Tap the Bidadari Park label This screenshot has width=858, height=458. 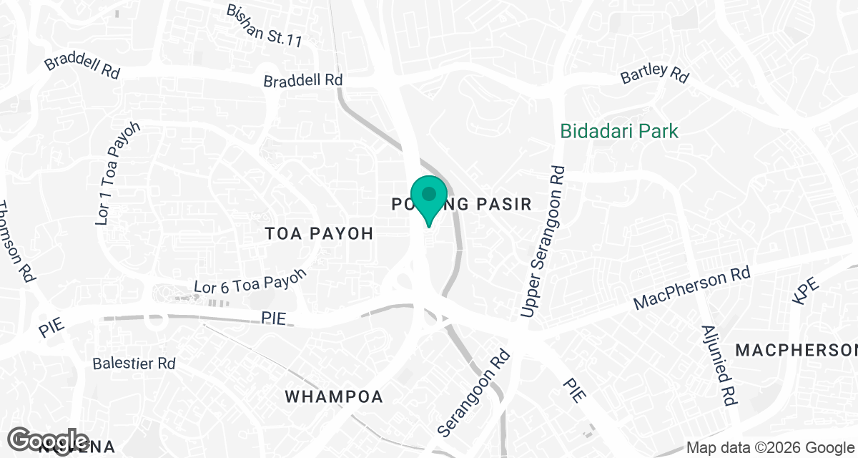click(619, 131)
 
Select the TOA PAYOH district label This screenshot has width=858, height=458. click(320, 233)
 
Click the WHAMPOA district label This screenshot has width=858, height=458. click(334, 396)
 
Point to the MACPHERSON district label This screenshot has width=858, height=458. click(796, 350)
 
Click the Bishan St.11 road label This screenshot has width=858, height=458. click(264, 25)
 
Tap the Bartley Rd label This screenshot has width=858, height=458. click(654, 72)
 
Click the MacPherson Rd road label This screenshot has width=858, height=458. click(693, 288)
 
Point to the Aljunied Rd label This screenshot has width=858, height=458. click(720, 366)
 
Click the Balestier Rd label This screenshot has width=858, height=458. click(134, 364)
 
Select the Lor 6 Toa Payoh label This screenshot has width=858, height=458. click(250, 281)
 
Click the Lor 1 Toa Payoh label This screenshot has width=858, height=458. click(118, 174)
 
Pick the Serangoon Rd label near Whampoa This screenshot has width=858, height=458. click(474, 393)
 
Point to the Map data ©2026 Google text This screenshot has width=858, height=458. click(771, 447)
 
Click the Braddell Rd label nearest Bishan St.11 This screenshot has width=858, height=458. click(303, 81)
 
